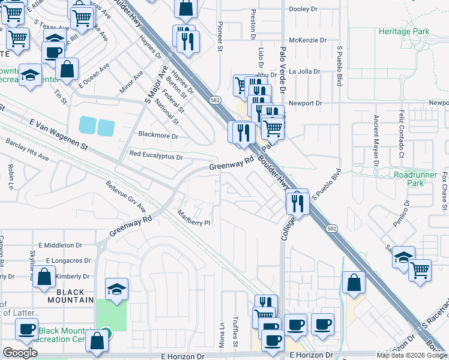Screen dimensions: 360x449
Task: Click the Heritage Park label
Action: coord(405,31)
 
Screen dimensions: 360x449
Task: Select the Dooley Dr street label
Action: coord(304,9)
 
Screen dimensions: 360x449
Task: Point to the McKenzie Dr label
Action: coord(307,40)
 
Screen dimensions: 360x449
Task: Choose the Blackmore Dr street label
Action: coord(158,136)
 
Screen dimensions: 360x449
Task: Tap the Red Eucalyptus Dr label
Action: coord(155,156)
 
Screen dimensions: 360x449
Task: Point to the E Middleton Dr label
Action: coord(60,245)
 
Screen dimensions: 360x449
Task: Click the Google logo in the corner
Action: coord(20,352)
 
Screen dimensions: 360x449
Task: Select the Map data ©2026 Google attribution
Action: coord(412,355)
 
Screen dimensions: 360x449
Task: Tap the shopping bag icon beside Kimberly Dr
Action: coord(44,278)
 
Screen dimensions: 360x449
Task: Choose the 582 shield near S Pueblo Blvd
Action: coord(331,228)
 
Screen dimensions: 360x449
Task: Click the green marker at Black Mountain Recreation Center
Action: coord(106,332)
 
